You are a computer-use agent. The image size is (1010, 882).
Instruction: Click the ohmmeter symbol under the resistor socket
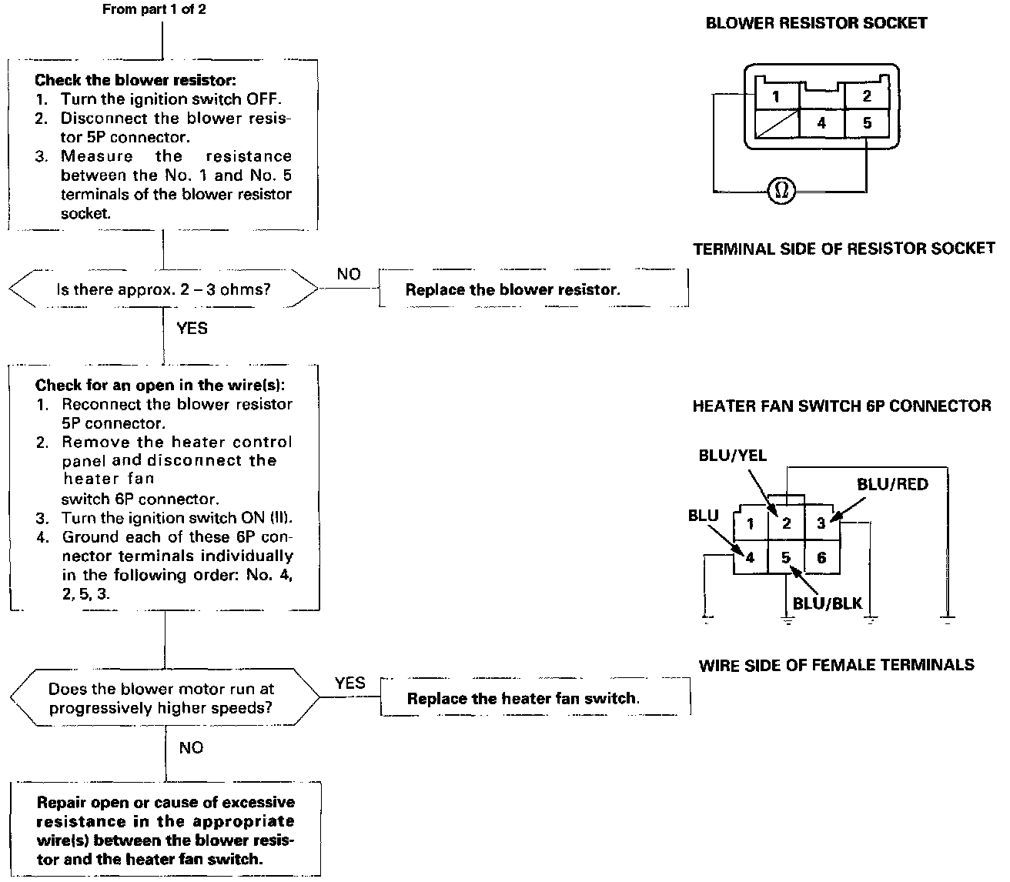pyautogui.click(x=781, y=191)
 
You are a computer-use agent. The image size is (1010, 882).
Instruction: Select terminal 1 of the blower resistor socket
pyautogui.click(x=777, y=96)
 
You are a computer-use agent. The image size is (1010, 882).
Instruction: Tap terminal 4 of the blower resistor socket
pyautogui.click(x=821, y=123)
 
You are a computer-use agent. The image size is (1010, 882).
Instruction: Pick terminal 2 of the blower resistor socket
pyautogui.click(x=867, y=95)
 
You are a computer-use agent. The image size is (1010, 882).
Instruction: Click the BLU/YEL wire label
pyautogui.click(x=733, y=455)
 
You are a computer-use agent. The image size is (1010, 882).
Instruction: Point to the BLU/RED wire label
pyautogui.click(x=892, y=484)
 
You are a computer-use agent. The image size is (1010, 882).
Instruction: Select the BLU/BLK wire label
pyautogui.click(x=828, y=603)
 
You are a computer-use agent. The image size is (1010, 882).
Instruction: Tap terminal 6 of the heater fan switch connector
pyautogui.click(x=822, y=557)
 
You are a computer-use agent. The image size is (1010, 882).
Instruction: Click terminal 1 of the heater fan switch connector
pyautogui.click(x=751, y=523)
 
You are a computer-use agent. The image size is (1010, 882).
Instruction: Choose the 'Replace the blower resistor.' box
pyautogui.click(x=533, y=289)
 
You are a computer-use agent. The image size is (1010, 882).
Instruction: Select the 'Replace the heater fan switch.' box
pyautogui.click(x=536, y=697)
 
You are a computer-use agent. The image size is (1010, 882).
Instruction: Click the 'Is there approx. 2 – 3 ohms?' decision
pyautogui.click(x=164, y=289)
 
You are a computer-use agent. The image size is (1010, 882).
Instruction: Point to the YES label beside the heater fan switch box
pyautogui.click(x=350, y=683)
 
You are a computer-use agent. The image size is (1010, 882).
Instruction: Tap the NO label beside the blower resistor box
pyautogui.click(x=349, y=274)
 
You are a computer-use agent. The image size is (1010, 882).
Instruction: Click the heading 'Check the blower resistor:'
pyautogui.click(x=135, y=80)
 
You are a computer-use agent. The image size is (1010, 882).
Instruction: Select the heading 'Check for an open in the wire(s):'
pyautogui.click(x=160, y=385)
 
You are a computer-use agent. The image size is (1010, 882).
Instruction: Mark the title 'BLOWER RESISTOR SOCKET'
pyautogui.click(x=817, y=23)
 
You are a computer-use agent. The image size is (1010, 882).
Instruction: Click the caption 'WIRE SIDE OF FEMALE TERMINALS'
pyautogui.click(x=837, y=665)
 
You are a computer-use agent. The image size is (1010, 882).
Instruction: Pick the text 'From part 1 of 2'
pyautogui.click(x=154, y=9)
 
